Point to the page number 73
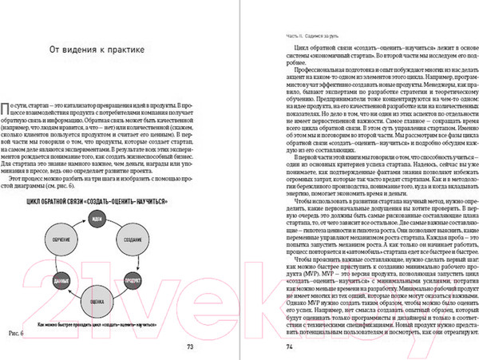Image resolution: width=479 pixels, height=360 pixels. tap(190, 346)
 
